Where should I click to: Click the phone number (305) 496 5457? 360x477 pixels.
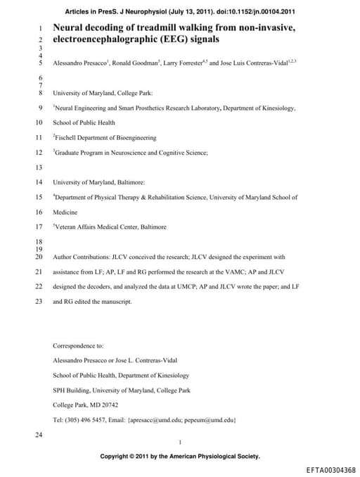pyautogui.click(x=93, y=419)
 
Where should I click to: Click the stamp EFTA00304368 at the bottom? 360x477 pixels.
pyautogui.click(x=330, y=470)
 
